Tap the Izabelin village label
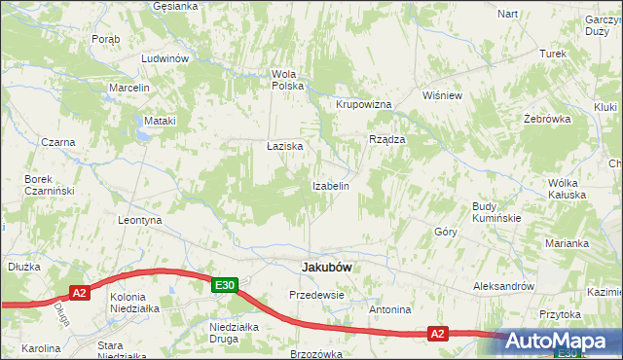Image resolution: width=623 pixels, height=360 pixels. [330, 185]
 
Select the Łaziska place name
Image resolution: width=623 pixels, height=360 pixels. [285, 146]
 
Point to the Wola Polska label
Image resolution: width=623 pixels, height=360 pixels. [288, 80]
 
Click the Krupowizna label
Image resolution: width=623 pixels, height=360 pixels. [363, 104]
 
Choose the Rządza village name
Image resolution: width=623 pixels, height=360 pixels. [386, 139]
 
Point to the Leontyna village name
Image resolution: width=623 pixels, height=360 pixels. [138, 221]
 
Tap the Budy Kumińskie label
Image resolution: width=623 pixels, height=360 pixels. [496, 212]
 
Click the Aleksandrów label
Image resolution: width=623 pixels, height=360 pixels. [503, 286]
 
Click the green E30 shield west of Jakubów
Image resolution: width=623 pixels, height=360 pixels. [225, 284]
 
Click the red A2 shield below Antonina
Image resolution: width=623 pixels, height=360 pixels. [438, 334]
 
